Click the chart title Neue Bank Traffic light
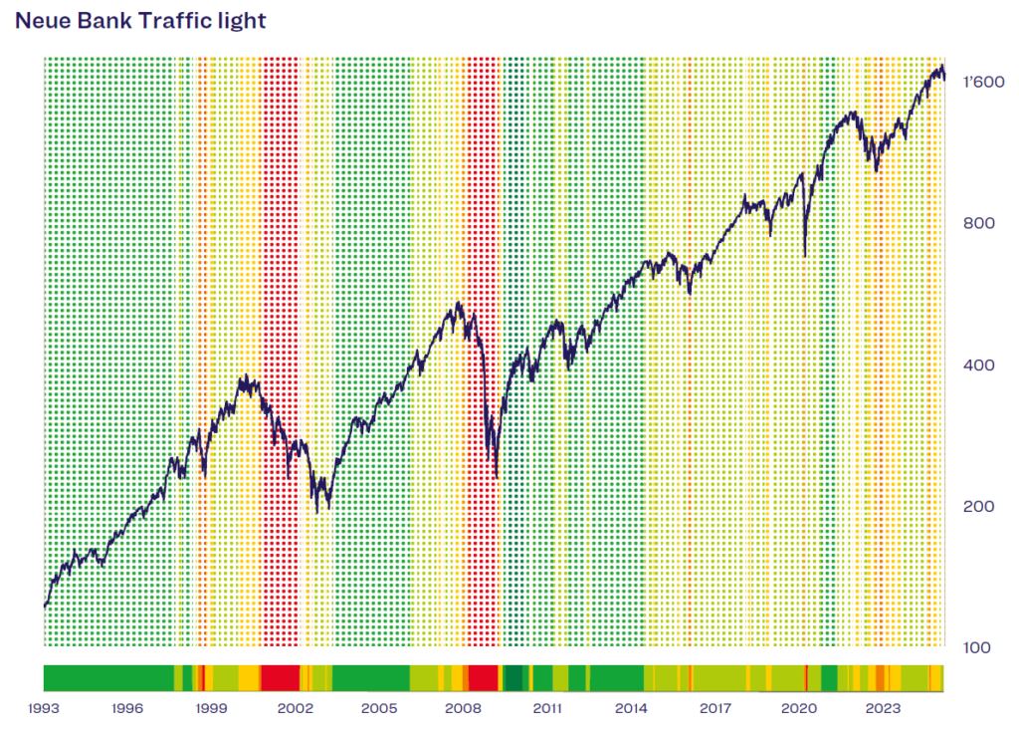[x=140, y=20]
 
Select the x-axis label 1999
[x=209, y=709]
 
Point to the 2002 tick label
[x=295, y=709]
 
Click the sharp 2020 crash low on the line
[x=804, y=256]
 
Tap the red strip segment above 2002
[x=280, y=678]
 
